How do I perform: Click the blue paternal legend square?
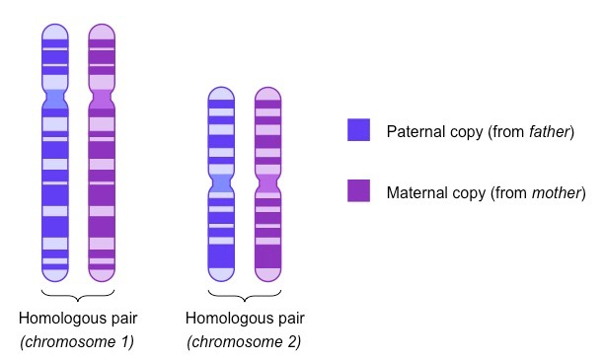[x=358, y=130]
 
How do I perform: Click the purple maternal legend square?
[x=358, y=190]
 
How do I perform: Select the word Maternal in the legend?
[x=415, y=191]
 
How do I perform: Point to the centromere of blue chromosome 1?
[x=55, y=99]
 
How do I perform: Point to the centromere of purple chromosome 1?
[x=102, y=99]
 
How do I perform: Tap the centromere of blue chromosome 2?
[x=221, y=182]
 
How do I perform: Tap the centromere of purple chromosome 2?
[x=267, y=182]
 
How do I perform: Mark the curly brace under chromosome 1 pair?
[x=78, y=296]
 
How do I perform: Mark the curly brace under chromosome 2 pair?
[x=244, y=296]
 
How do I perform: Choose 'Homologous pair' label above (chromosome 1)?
[x=78, y=319]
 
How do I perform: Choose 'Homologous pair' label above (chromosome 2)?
[x=244, y=319]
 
